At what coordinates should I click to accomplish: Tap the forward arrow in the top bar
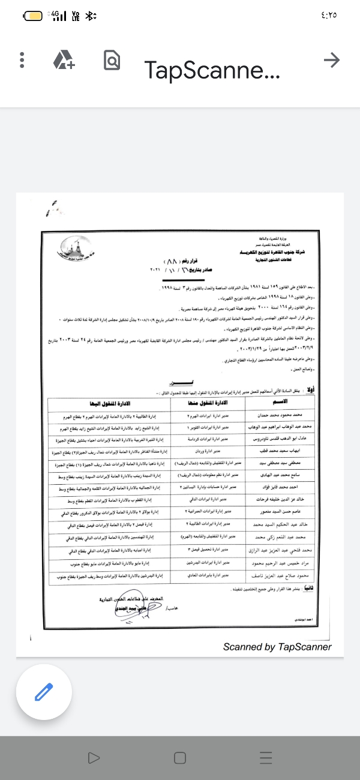click(331, 59)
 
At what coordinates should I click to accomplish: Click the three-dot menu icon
click(22, 60)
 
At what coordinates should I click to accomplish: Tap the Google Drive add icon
click(63, 60)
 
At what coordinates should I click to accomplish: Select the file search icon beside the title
click(112, 60)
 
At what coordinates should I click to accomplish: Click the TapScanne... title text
click(212, 70)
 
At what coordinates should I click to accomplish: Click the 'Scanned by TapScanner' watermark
click(277, 647)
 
